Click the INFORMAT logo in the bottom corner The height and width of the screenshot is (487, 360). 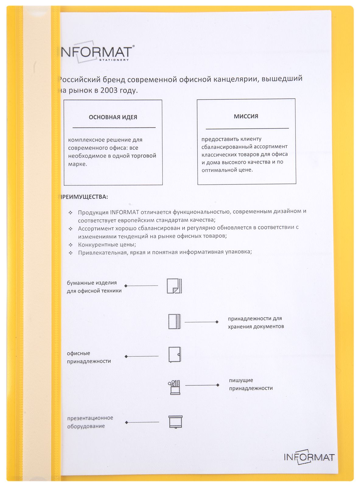click(309, 457)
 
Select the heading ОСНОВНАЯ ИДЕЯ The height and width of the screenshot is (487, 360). click(113, 117)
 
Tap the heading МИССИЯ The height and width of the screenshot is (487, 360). click(246, 116)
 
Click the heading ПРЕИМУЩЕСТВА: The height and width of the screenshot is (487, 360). click(84, 197)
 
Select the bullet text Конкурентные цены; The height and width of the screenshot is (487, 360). click(107, 244)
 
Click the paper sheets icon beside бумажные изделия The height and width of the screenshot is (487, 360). click(174, 286)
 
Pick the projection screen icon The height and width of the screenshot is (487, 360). click(175, 422)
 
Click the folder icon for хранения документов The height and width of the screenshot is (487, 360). click(174, 321)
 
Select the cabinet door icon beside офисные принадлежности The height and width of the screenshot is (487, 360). click(175, 355)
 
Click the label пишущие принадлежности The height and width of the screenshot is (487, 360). click(250, 384)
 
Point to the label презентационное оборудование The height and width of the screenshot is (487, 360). click(90, 422)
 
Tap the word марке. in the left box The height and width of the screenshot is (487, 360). click(78, 164)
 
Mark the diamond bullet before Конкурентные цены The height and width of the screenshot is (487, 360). click(71, 245)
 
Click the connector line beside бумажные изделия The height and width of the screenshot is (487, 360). click(142, 286)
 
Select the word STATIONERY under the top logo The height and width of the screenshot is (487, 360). click(114, 60)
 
